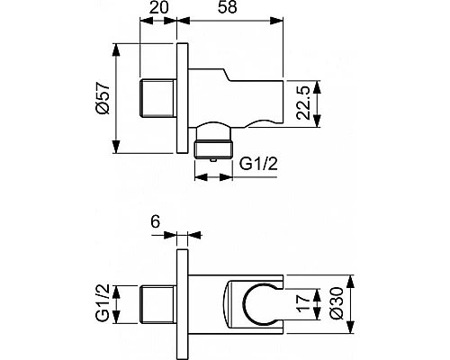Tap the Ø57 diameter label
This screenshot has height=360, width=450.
click(x=105, y=97)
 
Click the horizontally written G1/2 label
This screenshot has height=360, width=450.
click(x=258, y=163)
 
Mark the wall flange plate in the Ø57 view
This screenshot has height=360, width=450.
click(x=184, y=97)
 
